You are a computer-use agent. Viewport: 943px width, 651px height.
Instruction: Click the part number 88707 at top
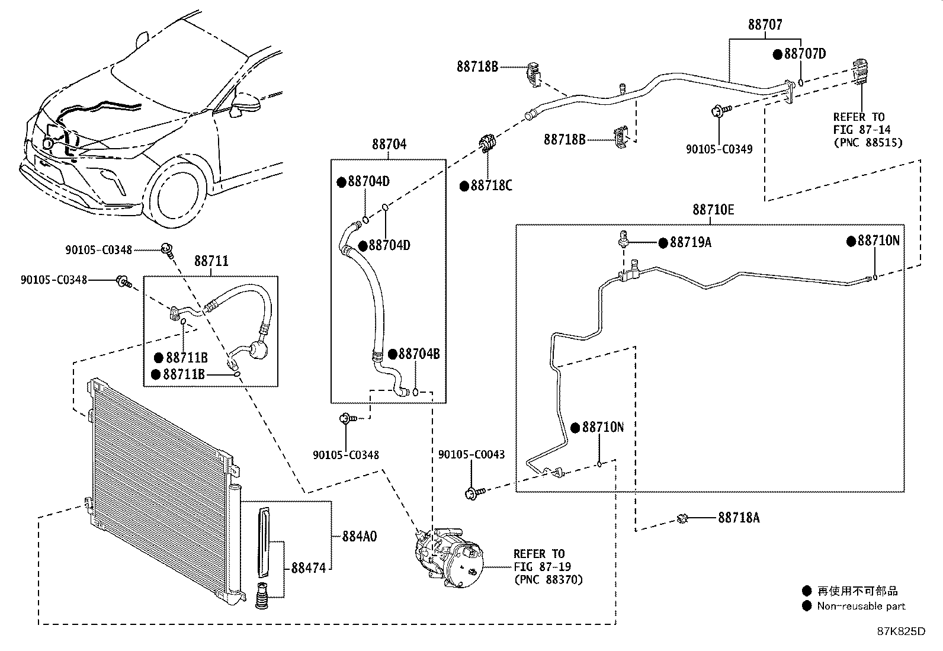pyautogui.click(x=765, y=25)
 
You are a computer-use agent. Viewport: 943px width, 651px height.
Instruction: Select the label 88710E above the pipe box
pyautogui.click(x=713, y=210)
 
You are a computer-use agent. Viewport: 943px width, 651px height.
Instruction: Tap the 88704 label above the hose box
pyautogui.click(x=389, y=145)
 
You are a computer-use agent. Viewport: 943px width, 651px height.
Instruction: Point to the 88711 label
pyautogui.click(x=211, y=261)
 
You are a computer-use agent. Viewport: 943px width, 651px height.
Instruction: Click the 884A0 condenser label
pyautogui.click(x=359, y=537)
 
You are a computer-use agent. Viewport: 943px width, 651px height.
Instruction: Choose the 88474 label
pyautogui.click(x=309, y=568)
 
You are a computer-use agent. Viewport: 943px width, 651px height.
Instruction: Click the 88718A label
pyautogui.click(x=739, y=518)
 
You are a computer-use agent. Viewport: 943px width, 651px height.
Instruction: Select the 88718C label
pyautogui.click(x=491, y=185)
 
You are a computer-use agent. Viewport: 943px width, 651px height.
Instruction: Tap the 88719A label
pyautogui.click(x=691, y=242)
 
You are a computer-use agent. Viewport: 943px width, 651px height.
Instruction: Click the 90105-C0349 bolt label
pyautogui.click(x=719, y=149)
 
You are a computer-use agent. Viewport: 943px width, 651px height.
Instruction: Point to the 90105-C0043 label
pyautogui.click(x=471, y=454)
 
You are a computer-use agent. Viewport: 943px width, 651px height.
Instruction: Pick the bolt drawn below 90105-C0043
pyautogui.click(x=475, y=493)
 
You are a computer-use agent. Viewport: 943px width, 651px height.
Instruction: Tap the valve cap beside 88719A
pyautogui.click(x=623, y=238)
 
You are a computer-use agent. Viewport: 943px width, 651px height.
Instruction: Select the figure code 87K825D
pyautogui.click(x=902, y=631)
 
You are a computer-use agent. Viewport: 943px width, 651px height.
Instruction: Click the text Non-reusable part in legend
pyautogui.click(x=861, y=606)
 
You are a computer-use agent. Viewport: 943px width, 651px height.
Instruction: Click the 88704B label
pyautogui.click(x=419, y=354)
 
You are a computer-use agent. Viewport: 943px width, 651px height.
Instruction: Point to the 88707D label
pyautogui.click(x=805, y=54)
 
